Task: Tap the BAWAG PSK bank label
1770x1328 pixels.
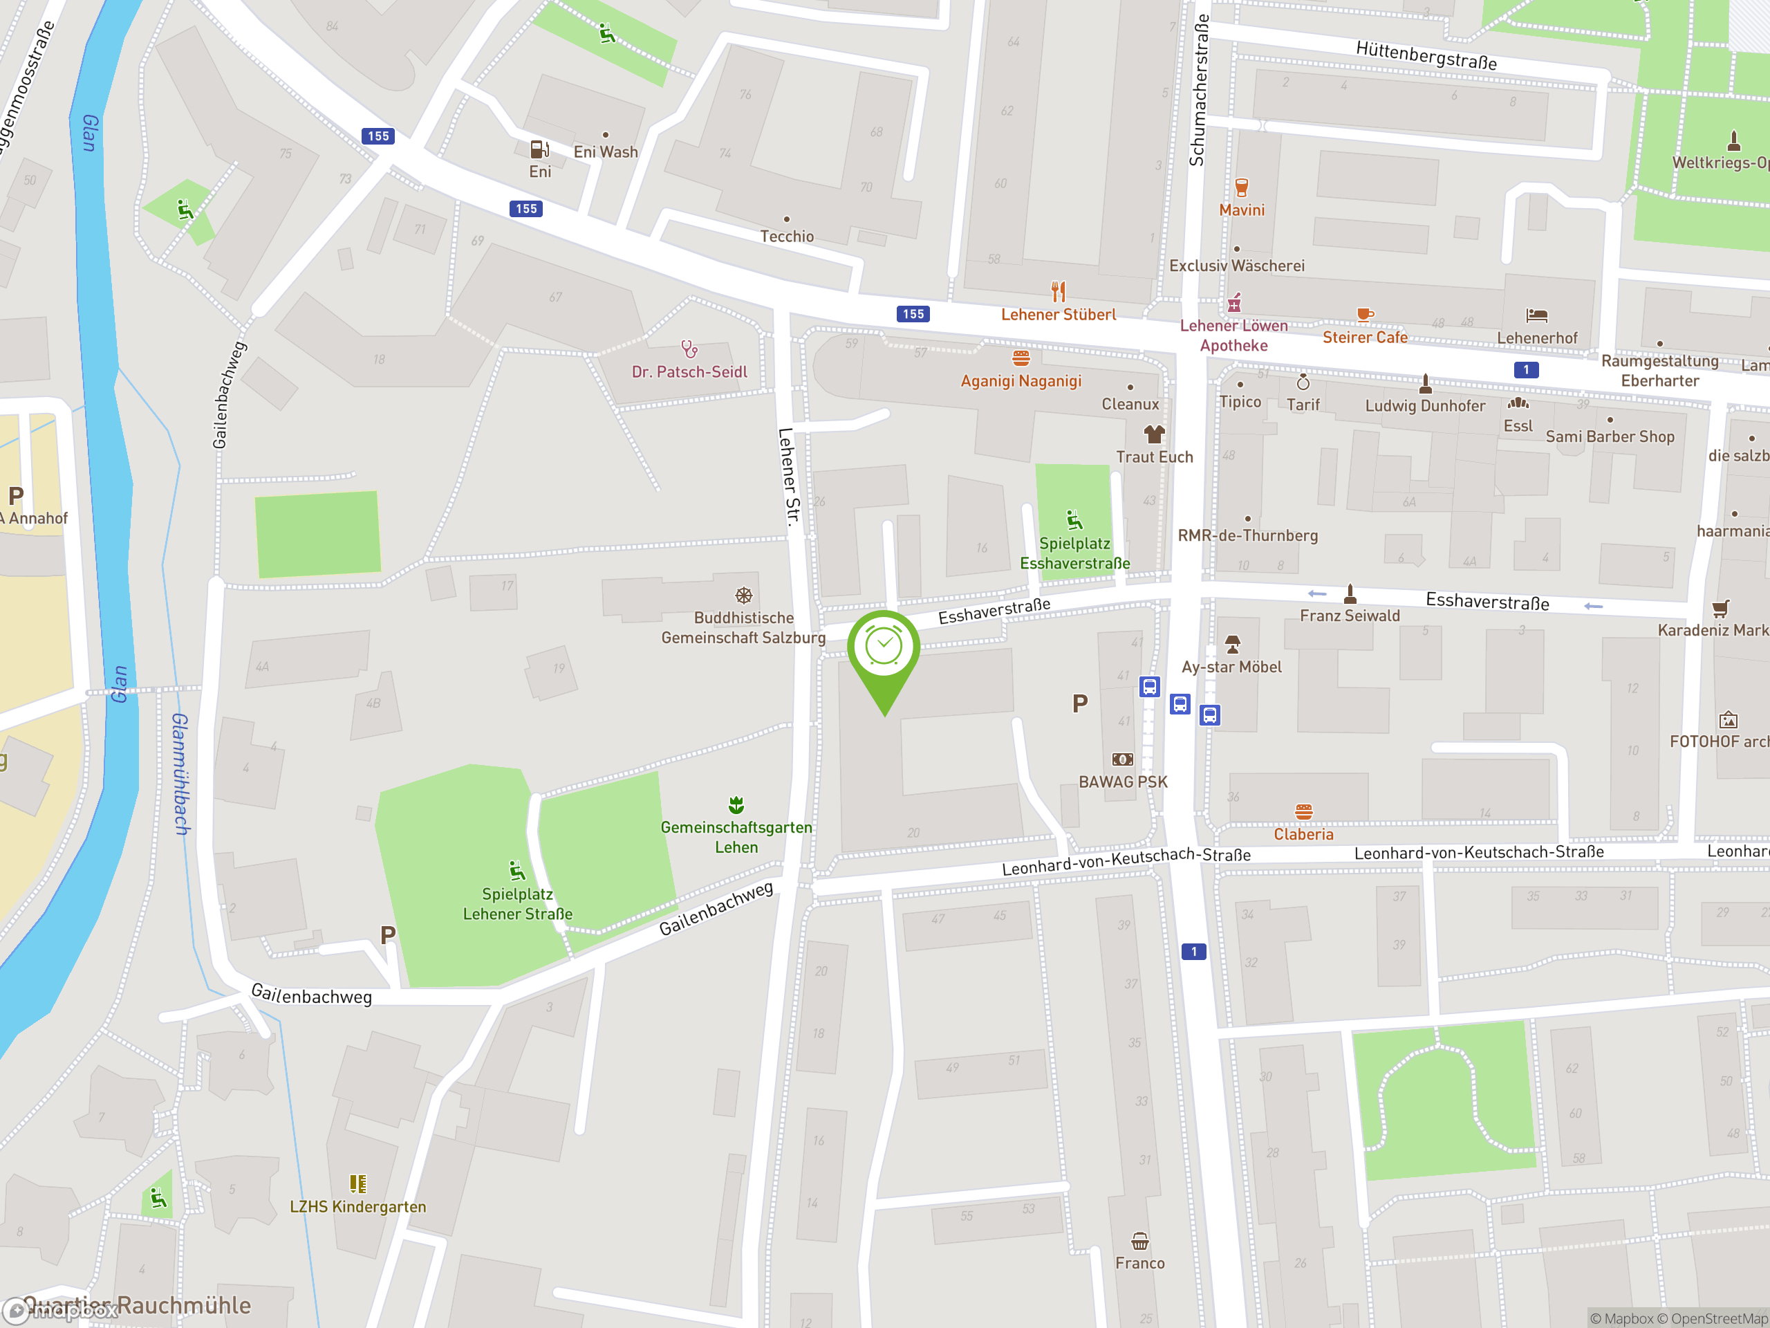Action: [x=1123, y=782]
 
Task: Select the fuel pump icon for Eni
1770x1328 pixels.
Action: [x=539, y=149]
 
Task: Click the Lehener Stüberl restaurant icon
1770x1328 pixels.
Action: [x=1058, y=290]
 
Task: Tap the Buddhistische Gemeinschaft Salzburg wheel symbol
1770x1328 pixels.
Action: [x=743, y=596]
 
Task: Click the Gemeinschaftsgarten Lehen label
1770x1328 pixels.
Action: [x=736, y=836]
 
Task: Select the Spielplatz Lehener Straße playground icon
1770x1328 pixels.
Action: [x=517, y=870]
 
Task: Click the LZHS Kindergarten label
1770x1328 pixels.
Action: [x=357, y=1206]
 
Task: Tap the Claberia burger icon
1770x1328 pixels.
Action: [x=1303, y=812]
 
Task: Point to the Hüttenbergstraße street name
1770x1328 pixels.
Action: [x=1426, y=56]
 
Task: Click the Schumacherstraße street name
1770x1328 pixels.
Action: [x=1198, y=90]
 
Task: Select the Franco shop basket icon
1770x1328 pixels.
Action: [x=1139, y=1242]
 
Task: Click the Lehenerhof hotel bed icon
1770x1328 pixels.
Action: [x=1536, y=315]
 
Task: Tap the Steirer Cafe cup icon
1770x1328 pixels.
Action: [x=1364, y=315]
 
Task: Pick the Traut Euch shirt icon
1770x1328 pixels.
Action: [x=1154, y=434]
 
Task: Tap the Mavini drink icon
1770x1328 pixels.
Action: [x=1241, y=188]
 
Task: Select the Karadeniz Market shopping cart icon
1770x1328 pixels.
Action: [x=1720, y=609]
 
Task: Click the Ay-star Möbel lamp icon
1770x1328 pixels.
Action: [x=1232, y=643]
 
